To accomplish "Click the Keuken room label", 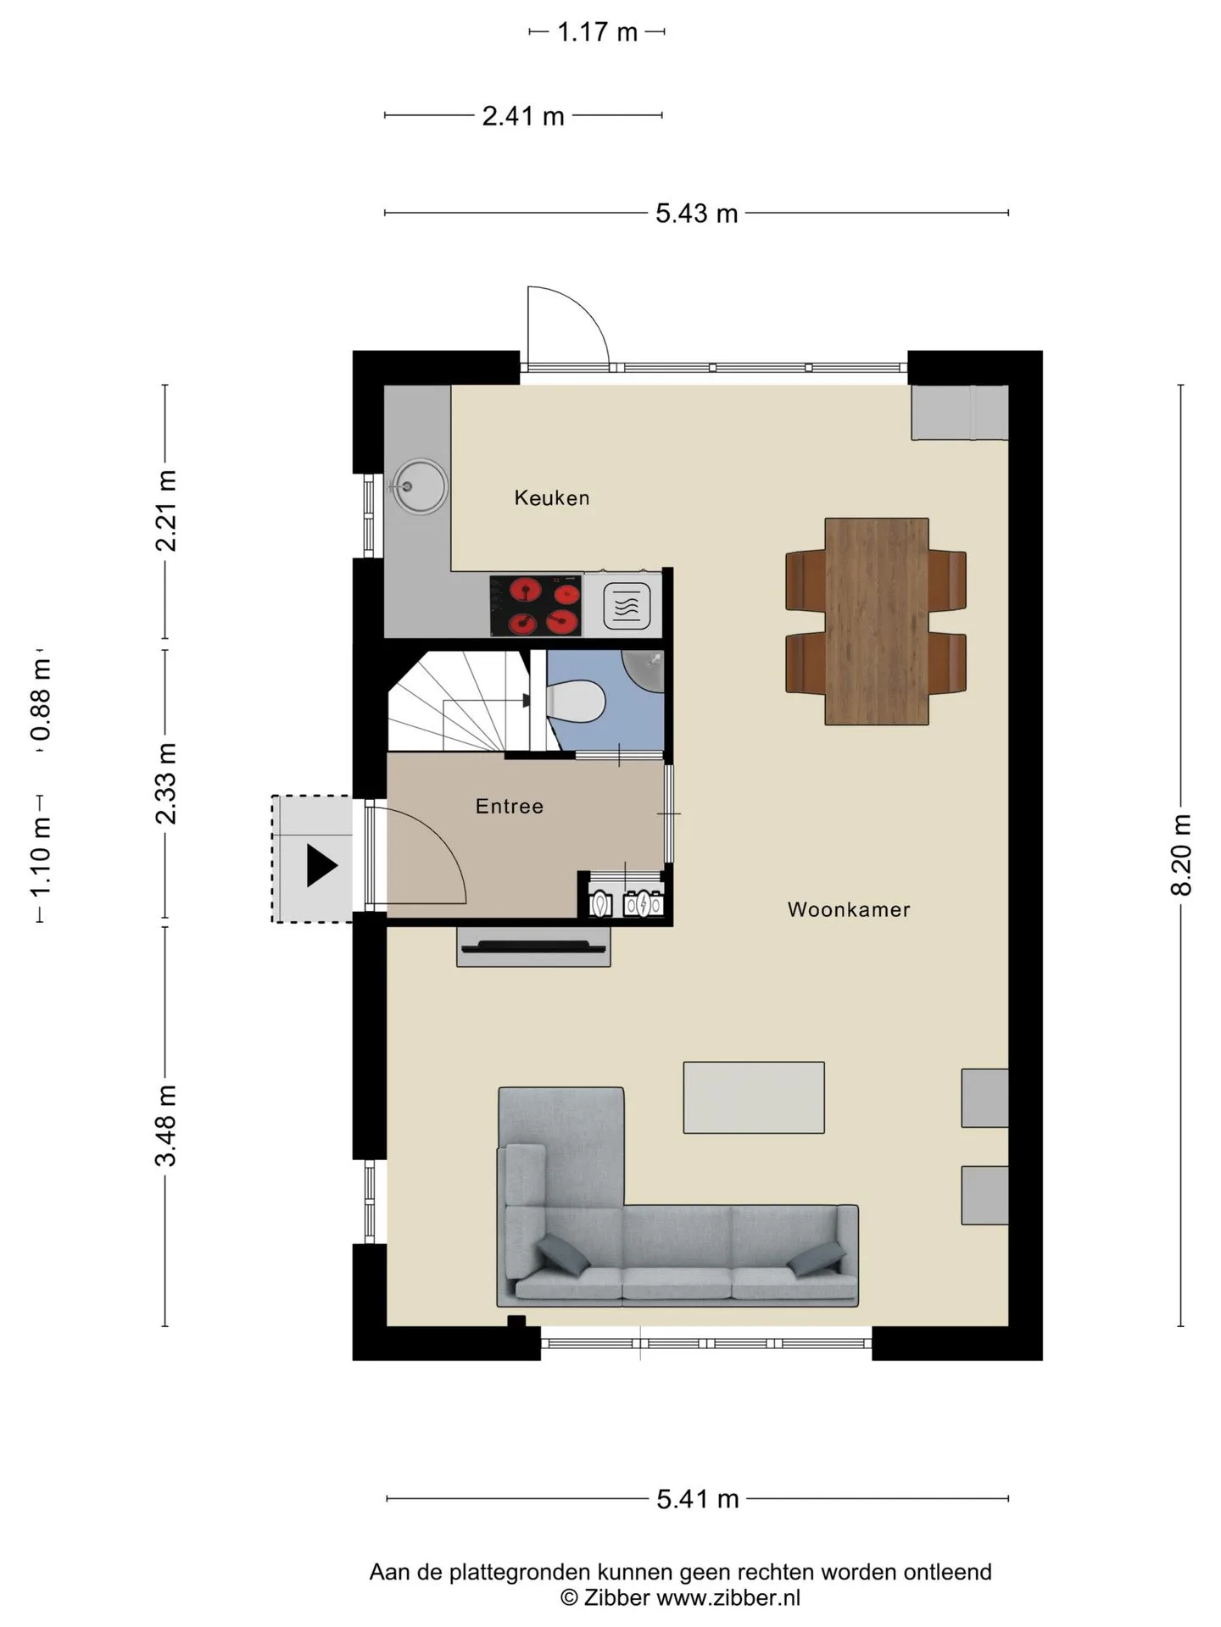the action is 551,497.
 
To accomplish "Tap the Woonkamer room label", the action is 849,909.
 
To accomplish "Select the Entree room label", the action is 510,806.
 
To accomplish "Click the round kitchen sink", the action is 419,486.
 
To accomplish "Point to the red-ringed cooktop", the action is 536,606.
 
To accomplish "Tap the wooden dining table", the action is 877,621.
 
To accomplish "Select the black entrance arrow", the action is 321,865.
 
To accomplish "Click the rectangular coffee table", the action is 754,1097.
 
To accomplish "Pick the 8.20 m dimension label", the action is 1181,854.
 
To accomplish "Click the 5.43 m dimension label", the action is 697,214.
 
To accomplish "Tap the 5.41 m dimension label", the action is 698,1499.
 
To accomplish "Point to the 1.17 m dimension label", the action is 597,32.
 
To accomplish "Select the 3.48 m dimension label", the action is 166,1125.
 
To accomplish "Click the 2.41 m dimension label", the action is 523,116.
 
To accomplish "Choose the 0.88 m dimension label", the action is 41,700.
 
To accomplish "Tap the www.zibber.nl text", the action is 728,1597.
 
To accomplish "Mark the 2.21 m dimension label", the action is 166,511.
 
